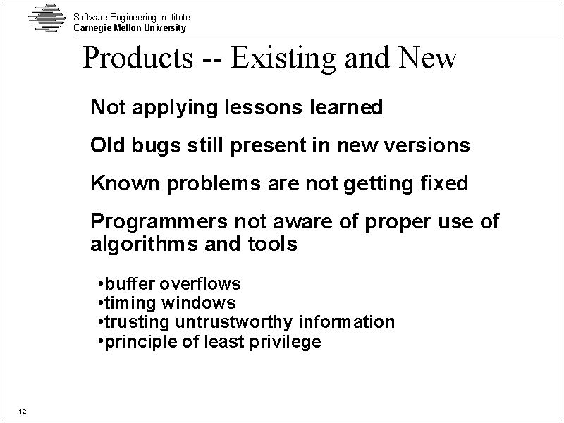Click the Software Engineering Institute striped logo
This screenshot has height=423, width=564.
[x=47, y=18]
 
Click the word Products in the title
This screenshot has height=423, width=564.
[x=138, y=58]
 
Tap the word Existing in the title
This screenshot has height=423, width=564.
[x=283, y=59]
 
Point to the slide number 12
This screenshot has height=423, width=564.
[x=23, y=412]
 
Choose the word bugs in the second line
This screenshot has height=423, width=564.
[x=156, y=146]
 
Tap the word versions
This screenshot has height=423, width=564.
[x=426, y=145]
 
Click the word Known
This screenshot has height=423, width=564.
[x=125, y=183]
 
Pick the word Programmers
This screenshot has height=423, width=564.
[x=159, y=221]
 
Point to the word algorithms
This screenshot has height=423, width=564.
[x=144, y=244]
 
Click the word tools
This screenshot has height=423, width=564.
[x=272, y=243]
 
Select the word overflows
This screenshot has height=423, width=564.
[x=200, y=284]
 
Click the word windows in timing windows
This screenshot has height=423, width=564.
[x=199, y=303]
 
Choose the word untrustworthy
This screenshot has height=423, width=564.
[x=233, y=322]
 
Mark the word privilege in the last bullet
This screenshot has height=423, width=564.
[x=286, y=342]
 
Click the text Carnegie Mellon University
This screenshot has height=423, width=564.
[x=130, y=28]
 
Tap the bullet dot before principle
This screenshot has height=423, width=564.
[x=100, y=341]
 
